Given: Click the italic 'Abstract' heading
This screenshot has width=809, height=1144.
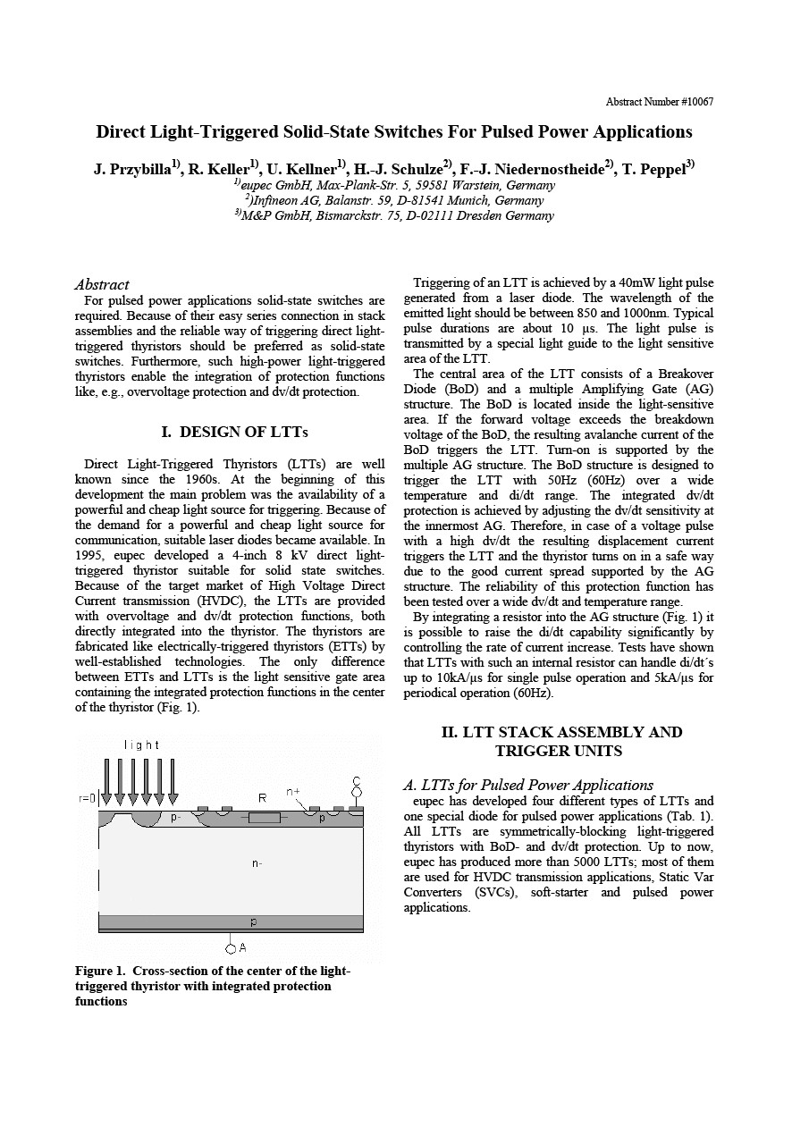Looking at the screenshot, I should coord(102,284).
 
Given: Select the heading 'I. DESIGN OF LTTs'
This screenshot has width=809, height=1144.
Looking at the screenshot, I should coord(234,433).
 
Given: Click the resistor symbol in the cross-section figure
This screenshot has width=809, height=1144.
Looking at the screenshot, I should coord(264,818).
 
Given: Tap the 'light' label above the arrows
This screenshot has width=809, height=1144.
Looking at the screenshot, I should coord(142,744).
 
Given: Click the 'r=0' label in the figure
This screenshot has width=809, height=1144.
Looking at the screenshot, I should coord(87,797).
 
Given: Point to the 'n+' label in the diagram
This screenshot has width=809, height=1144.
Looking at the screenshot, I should coord(293,792).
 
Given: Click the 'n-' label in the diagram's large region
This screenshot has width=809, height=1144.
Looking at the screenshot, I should coord(257,863).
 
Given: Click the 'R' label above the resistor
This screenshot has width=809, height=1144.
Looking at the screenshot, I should coord(262,797).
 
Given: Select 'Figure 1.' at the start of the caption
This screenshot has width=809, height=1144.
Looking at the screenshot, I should coord(102,972).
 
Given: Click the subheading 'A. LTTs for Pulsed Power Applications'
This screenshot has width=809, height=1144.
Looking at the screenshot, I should coord(528,786).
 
